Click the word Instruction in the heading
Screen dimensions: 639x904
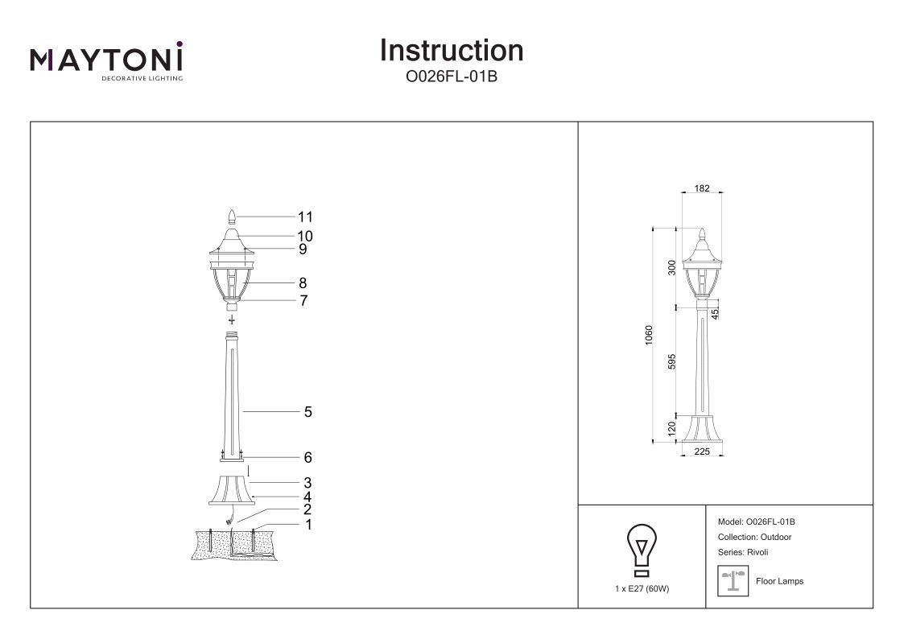click(x=451, y=50)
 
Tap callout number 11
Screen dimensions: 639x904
click(x=304, y=216)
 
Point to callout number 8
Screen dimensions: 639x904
click(x=303, y=283)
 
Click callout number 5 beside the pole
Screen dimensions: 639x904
click(x=308, y=412)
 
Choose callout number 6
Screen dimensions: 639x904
click(x=308, y=458)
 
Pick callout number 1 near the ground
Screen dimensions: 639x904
click(x=308, y=525)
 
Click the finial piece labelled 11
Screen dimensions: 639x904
click(x=232, y=216)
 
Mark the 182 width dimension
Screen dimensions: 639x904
click(x=701, y=188)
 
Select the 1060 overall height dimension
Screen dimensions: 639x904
click(x=650, y=335)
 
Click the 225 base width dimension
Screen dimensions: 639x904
click(x=701, y=452)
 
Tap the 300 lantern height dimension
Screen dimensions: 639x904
click(x=672, y=267)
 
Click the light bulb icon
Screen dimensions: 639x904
click(x=641, y=550)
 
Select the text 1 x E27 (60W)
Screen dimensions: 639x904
click(x=642, y=588)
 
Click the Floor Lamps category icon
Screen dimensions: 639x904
click(x=733, y=580)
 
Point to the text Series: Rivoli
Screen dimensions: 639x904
click(x=742, y=552)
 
